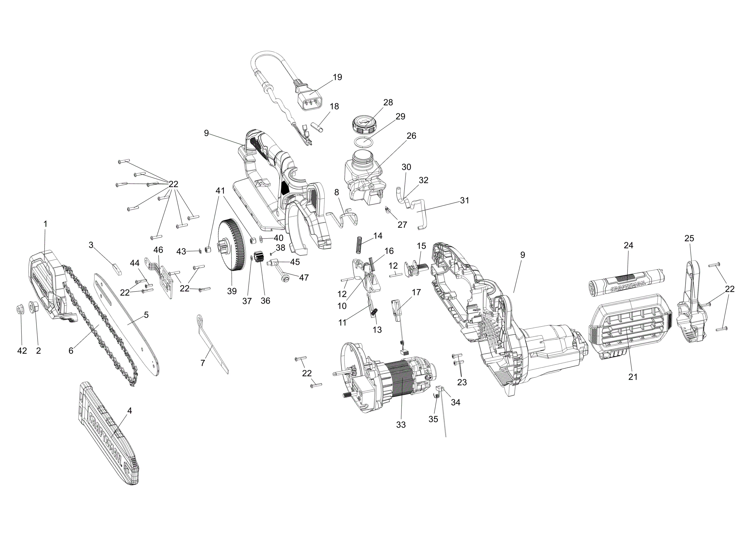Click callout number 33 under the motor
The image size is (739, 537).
point(401,425)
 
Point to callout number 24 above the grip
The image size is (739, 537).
point(629,245)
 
